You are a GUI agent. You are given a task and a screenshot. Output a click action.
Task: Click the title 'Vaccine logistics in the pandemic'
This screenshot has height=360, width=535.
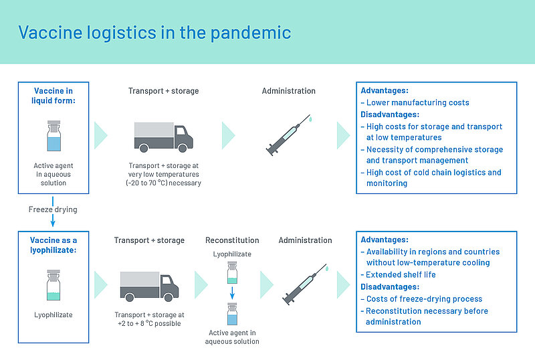coord(154,32)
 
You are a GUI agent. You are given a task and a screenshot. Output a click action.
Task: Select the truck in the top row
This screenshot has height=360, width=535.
coord(163,136)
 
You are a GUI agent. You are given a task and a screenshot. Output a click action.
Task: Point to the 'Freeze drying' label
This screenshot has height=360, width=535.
coord(53,209)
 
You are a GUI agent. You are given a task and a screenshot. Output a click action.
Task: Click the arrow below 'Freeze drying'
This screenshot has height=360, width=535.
coord(53,220)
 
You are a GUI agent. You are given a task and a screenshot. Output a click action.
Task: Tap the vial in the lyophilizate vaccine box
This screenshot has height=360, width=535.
coord(53,285)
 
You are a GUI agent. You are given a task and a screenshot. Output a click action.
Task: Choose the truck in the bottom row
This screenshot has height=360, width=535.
coord(149,285)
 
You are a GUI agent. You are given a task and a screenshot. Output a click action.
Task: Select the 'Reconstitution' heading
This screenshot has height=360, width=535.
coord(232,240)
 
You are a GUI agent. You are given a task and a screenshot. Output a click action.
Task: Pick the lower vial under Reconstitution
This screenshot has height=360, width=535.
coord(232,314)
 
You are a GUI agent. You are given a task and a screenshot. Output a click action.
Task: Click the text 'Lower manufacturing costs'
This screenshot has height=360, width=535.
coord(417,102)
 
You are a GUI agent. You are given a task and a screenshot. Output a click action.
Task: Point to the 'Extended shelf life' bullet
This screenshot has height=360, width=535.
coord(401,274)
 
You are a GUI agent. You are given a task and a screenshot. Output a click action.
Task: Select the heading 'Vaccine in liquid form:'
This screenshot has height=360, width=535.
coord(54,96)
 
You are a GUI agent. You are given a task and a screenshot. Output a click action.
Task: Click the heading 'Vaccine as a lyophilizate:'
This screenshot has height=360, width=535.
coord(54,245)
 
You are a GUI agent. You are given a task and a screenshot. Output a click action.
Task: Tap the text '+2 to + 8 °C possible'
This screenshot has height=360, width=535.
coord(148,324)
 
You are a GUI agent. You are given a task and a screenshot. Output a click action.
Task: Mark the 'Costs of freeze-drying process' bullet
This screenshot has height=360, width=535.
coord(424,299)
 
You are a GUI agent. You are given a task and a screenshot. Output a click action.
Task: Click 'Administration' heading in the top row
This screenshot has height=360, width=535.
coord(288,91)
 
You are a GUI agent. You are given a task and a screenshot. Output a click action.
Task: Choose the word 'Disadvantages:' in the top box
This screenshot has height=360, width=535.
coord(390,114)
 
